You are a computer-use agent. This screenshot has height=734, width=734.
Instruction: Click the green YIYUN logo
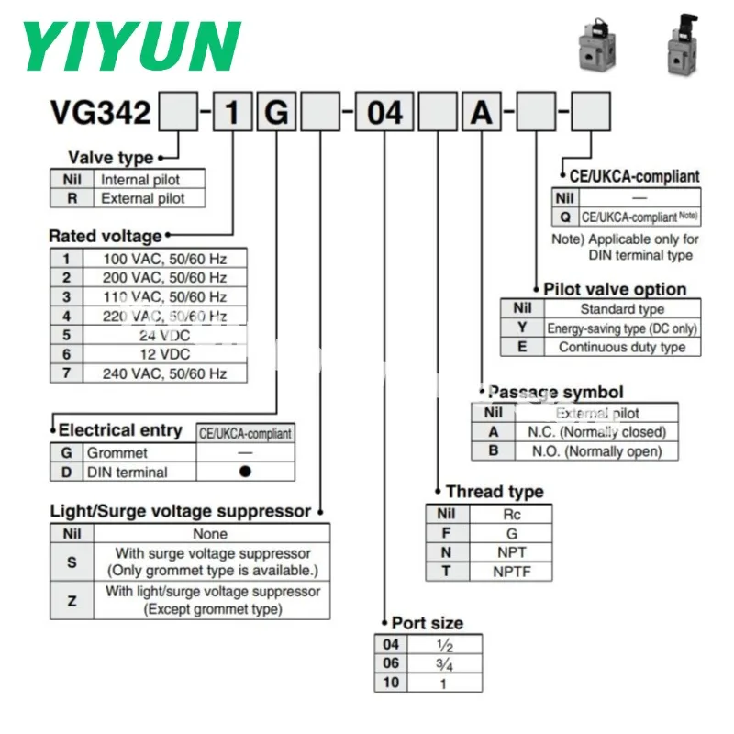coord(131,46)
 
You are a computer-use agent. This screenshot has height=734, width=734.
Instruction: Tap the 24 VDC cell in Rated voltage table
coord(165,335)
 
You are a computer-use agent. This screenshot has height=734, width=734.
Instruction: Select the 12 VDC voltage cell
coord(165,354)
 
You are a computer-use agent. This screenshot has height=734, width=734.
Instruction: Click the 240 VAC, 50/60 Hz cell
coord(165,373)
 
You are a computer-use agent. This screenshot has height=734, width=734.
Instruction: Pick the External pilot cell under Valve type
coord(150,198)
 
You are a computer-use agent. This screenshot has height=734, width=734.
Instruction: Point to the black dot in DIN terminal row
coord(245,472)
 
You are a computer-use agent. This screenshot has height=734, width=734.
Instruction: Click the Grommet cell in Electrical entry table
coord(140,452)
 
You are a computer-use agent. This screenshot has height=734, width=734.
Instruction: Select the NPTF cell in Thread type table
coord(511,572)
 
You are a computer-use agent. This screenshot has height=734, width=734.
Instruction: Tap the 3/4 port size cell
coord(445,663)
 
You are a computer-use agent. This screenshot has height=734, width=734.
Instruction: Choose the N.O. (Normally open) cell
coord(597,451)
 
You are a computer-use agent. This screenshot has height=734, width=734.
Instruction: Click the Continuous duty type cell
coord(622,347)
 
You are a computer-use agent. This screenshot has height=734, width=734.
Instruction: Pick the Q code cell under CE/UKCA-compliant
coord(565,217)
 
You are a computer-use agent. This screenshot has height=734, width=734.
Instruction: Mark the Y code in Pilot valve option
coord(522,328)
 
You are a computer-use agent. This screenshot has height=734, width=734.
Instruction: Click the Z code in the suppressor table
coord(72,601)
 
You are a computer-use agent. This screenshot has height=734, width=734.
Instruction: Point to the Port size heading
coord(428,623)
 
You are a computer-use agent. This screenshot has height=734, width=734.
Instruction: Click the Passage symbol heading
coord(556,393)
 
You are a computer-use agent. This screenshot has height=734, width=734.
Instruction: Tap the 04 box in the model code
coord(384,112)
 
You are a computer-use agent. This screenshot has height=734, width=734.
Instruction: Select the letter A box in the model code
coord(482,112)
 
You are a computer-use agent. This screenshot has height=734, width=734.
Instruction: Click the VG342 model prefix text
coord(101,113)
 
